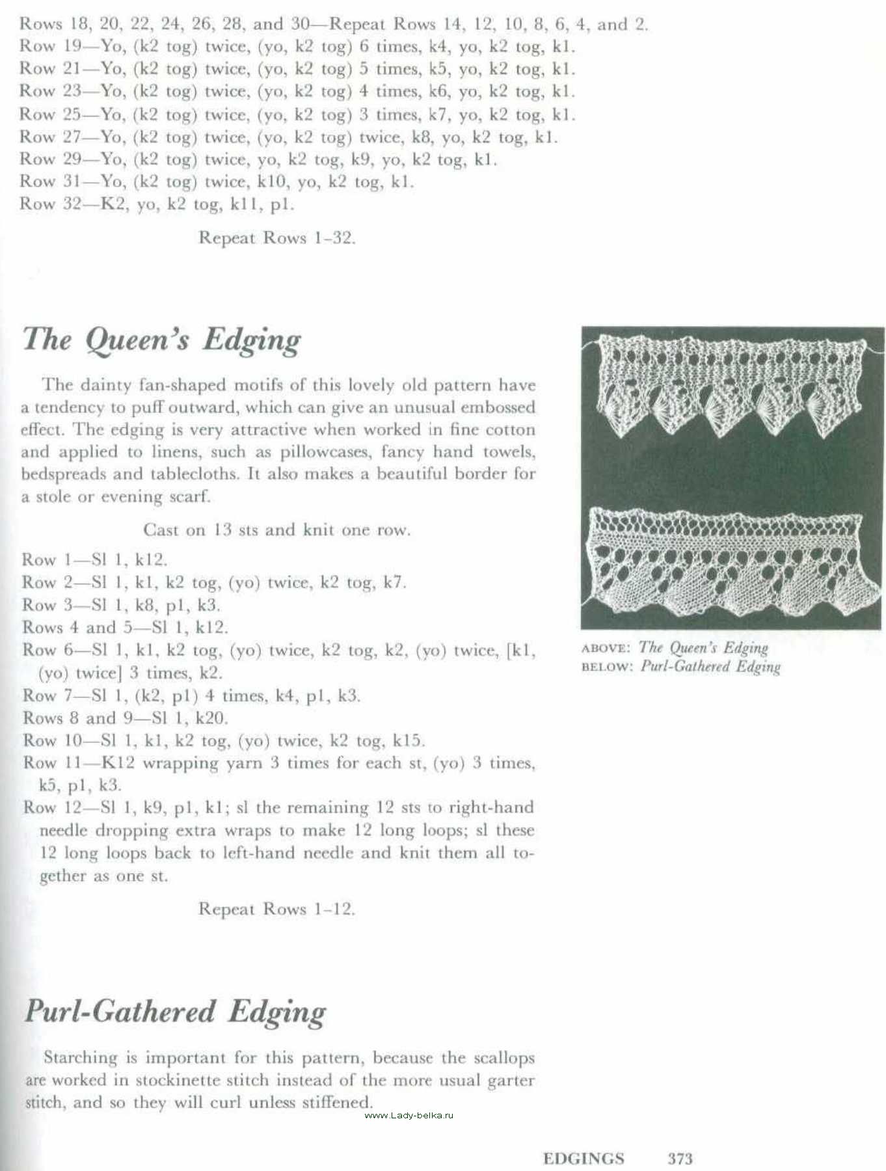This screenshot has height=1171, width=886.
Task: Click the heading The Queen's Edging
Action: point(161,340)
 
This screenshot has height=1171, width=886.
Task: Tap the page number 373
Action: point(680,1159)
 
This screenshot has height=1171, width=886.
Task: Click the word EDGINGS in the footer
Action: point(583,1159)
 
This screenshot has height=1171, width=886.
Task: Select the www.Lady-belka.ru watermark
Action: point(409,1116)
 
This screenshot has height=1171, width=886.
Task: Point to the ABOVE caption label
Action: point(605,649)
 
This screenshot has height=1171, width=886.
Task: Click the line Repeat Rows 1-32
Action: point(276,238)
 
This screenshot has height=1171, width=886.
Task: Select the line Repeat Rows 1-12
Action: point(276,909)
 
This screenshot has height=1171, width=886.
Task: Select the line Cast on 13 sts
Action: point(276,530)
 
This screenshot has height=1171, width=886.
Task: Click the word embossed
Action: point(498,408)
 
